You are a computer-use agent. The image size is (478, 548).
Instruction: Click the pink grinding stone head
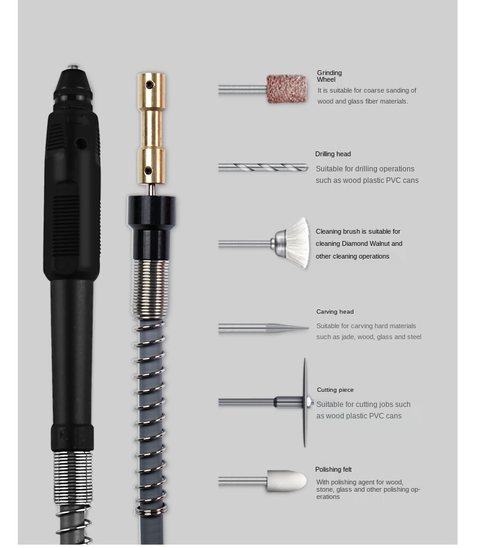pos(287,89)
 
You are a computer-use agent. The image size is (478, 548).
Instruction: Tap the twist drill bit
pos(264,168)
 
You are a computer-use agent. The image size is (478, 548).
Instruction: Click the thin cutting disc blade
pos(304,403)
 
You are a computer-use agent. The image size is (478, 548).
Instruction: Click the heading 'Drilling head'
pos(333,154)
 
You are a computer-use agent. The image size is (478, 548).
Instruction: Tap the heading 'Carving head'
pos(335,312)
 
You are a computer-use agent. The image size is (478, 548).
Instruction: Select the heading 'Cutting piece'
pos(335,390)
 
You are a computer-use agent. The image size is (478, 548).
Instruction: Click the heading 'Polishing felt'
pos(333,469)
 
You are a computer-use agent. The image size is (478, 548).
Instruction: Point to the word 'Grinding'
pos(329,73)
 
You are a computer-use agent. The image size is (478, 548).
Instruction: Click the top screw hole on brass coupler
pos(150,85)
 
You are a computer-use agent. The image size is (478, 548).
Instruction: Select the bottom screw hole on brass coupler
pos(148,171)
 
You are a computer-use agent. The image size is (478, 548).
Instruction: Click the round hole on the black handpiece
pos(81,144)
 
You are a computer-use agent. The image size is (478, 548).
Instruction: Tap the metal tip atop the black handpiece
pos(73,67)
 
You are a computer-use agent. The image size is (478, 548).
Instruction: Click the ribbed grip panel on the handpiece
pos(67,226)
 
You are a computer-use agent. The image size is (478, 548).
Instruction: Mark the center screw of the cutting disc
pos(309,402)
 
